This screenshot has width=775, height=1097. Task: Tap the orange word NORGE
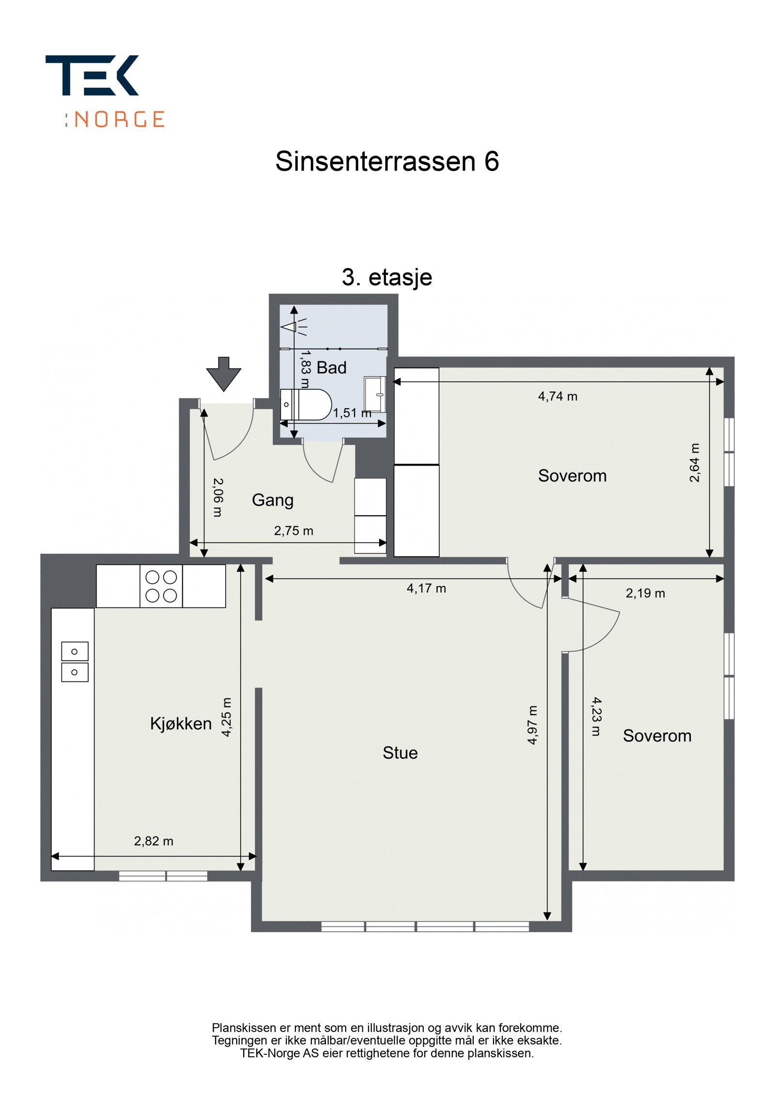click(x=119, y=119)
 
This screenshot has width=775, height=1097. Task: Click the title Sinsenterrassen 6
click(x=387, y=161)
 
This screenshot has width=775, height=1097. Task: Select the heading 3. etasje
click(x=387, y=277)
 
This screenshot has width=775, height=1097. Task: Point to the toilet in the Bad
click(x=306, y=404)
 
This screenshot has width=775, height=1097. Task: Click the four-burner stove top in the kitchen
click(x=161, y=586)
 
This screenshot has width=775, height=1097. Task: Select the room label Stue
click(x=400, y=752)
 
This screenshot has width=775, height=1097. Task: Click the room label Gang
click(x=272, y=500)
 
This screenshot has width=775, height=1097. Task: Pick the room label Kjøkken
click(x=181, y=723)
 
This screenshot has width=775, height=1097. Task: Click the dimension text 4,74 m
click(x=557, y=396)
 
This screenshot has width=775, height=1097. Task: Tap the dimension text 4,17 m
click(x=426, y=588)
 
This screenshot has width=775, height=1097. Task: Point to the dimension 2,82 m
click(x=154, y=841)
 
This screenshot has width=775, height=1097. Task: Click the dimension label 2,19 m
click(x=645, y=593)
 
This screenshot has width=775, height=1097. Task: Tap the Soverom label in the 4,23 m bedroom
click(x=656, y=735)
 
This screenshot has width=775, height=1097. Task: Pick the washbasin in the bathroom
click(x=374, y=394)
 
